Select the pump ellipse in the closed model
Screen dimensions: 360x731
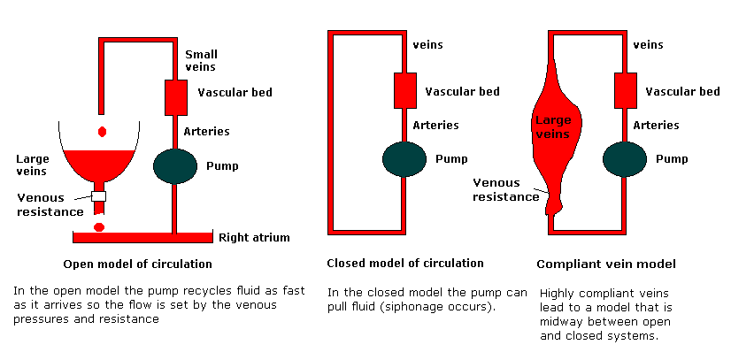pyautogui.click(x=405, y=160)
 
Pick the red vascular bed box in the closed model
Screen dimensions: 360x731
pyautogui.click(x=405, y=90)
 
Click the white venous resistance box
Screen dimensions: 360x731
pyautogui.click(x=99, y=195)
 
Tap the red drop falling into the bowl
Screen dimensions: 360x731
pyautogui.click(x=103, y=132)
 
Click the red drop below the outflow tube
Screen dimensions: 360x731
pyautogui.click(x=98, y=226)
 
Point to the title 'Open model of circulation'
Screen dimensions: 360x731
pyautogui.click(x=138, y=264)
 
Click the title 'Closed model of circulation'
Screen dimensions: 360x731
pyautogui.click(x=405, y=263)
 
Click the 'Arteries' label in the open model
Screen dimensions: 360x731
pyautogui.click(x=206, y=132)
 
